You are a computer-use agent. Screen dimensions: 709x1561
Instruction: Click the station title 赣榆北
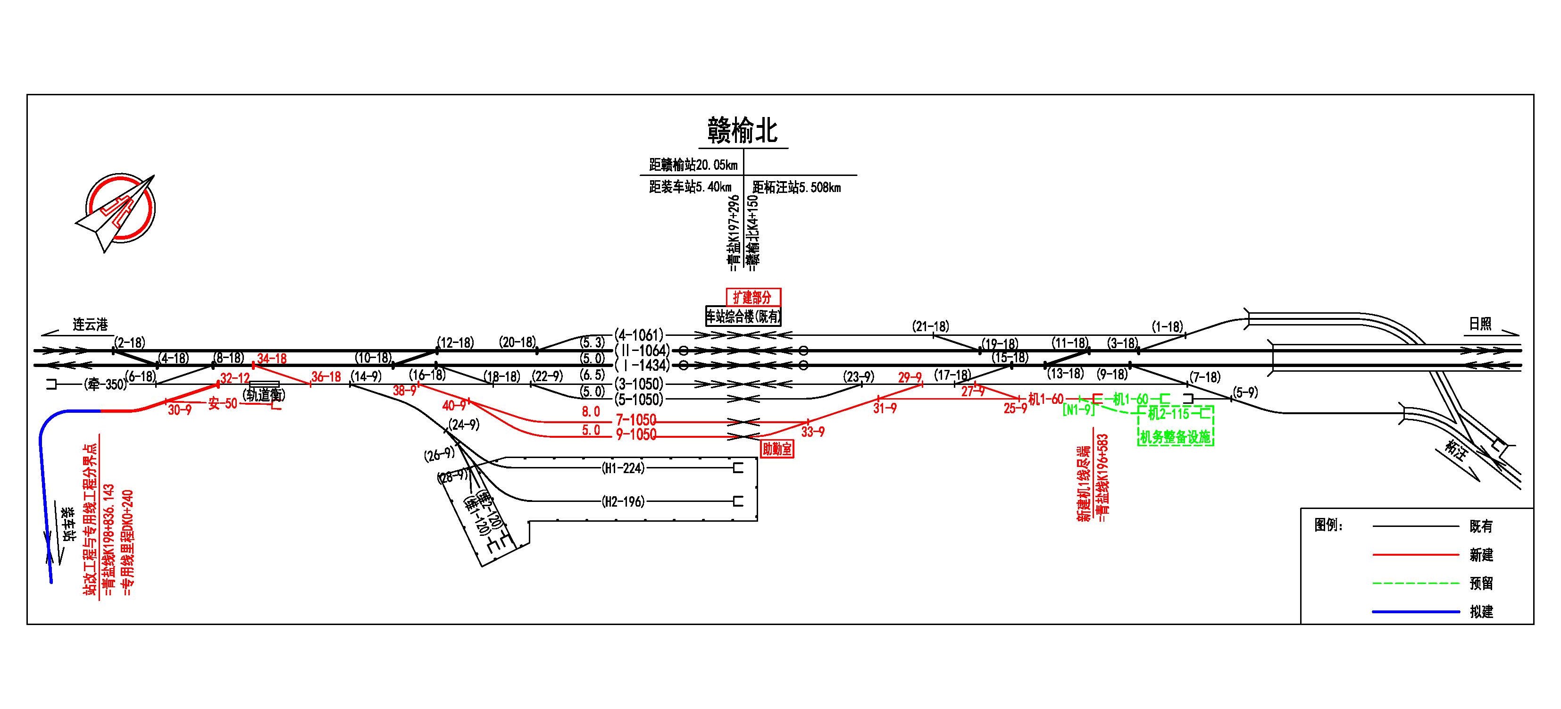[x=743, y=130]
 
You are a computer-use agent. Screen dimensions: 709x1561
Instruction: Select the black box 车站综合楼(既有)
[x=743, y=317]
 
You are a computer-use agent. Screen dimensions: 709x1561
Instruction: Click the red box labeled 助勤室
[x=777, y=449]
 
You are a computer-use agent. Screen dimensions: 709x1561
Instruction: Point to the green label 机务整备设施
[x=1175, y=437]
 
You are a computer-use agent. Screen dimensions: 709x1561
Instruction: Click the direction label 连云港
[x=90, y=325]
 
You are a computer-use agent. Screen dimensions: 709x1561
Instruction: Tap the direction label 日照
[x=1480, y=324]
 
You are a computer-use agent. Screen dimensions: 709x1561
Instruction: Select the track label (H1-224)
[x=623, y=468]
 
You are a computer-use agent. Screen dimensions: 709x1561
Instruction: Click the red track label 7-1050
[x=635, y=419]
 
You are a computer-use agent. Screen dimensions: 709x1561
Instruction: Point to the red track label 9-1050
[x=635, y=434]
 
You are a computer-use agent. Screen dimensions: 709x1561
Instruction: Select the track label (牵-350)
[x=104, y=384]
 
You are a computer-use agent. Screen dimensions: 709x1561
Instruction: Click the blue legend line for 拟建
[x=1416, y=611]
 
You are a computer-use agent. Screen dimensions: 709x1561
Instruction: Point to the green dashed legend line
[x=1416, y=583]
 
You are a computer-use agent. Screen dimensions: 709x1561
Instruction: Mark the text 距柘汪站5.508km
[x=796, y=187]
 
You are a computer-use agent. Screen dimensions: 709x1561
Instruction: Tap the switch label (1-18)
[x=1167, y=326]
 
